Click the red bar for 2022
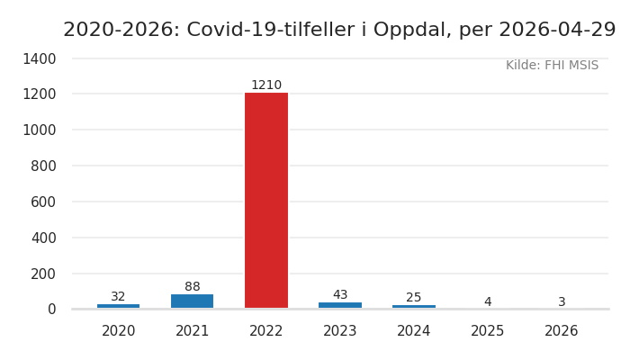pyautogui.click(x=266, y=201)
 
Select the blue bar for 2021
pyautogui.click(x=193, y=301)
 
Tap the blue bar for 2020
pyautogui.click(x=119, y=306)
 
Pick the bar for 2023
pyautogui.click(x=340, y=305)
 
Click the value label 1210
pyautogui.click(x=266, y=85)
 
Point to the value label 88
pyautogui.click(x=193, y=287)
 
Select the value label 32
pyautogui.click(x=119, y=297)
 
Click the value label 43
pyautogui.click(x=340, y=295)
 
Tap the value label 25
pyautogui.click(x=414, y=298)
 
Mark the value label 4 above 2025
pyautogui.click(x=488, y=302)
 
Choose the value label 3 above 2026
pyautogui.click(x=562, y=302)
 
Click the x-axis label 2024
pyautogui.click(x=414, y=331)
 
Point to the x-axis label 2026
pyautogui.click(x=562, y=331)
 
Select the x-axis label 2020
pyautogui.click(x=119, y=331)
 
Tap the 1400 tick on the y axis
pyautogui.click(x=39, y=58)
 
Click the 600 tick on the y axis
pyautogui.click(x=43, y=202)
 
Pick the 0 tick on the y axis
pyautogui.click(x=52, y=310)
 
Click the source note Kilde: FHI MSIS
pyautogui.click(x=552, y=66)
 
